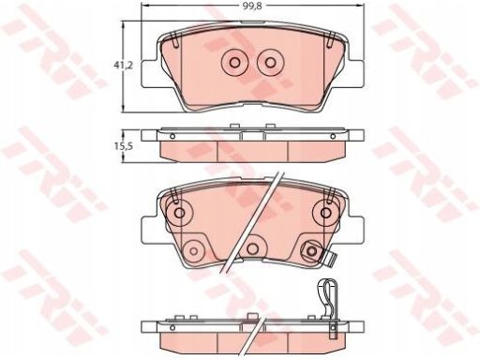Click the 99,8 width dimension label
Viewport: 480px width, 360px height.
pyautogui.click(x=251, y=7)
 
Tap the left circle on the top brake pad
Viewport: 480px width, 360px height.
pyautogui.click(x=234, y=63)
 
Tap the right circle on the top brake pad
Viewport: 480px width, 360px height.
pyautogui.click(x=270, y=63)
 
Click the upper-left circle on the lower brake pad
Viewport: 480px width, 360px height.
pyautogui.click(x=179, y=213)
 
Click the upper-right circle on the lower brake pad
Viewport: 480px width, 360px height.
pyautogui.click(x=325, y=213)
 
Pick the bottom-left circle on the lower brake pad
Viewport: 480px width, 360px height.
pyautogui.click(x=194, y=251)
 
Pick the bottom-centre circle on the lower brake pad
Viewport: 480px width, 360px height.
pyautogui.click(x=251, y=248)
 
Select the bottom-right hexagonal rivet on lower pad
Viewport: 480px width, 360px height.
pyautogui.click(x=311, y=250)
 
